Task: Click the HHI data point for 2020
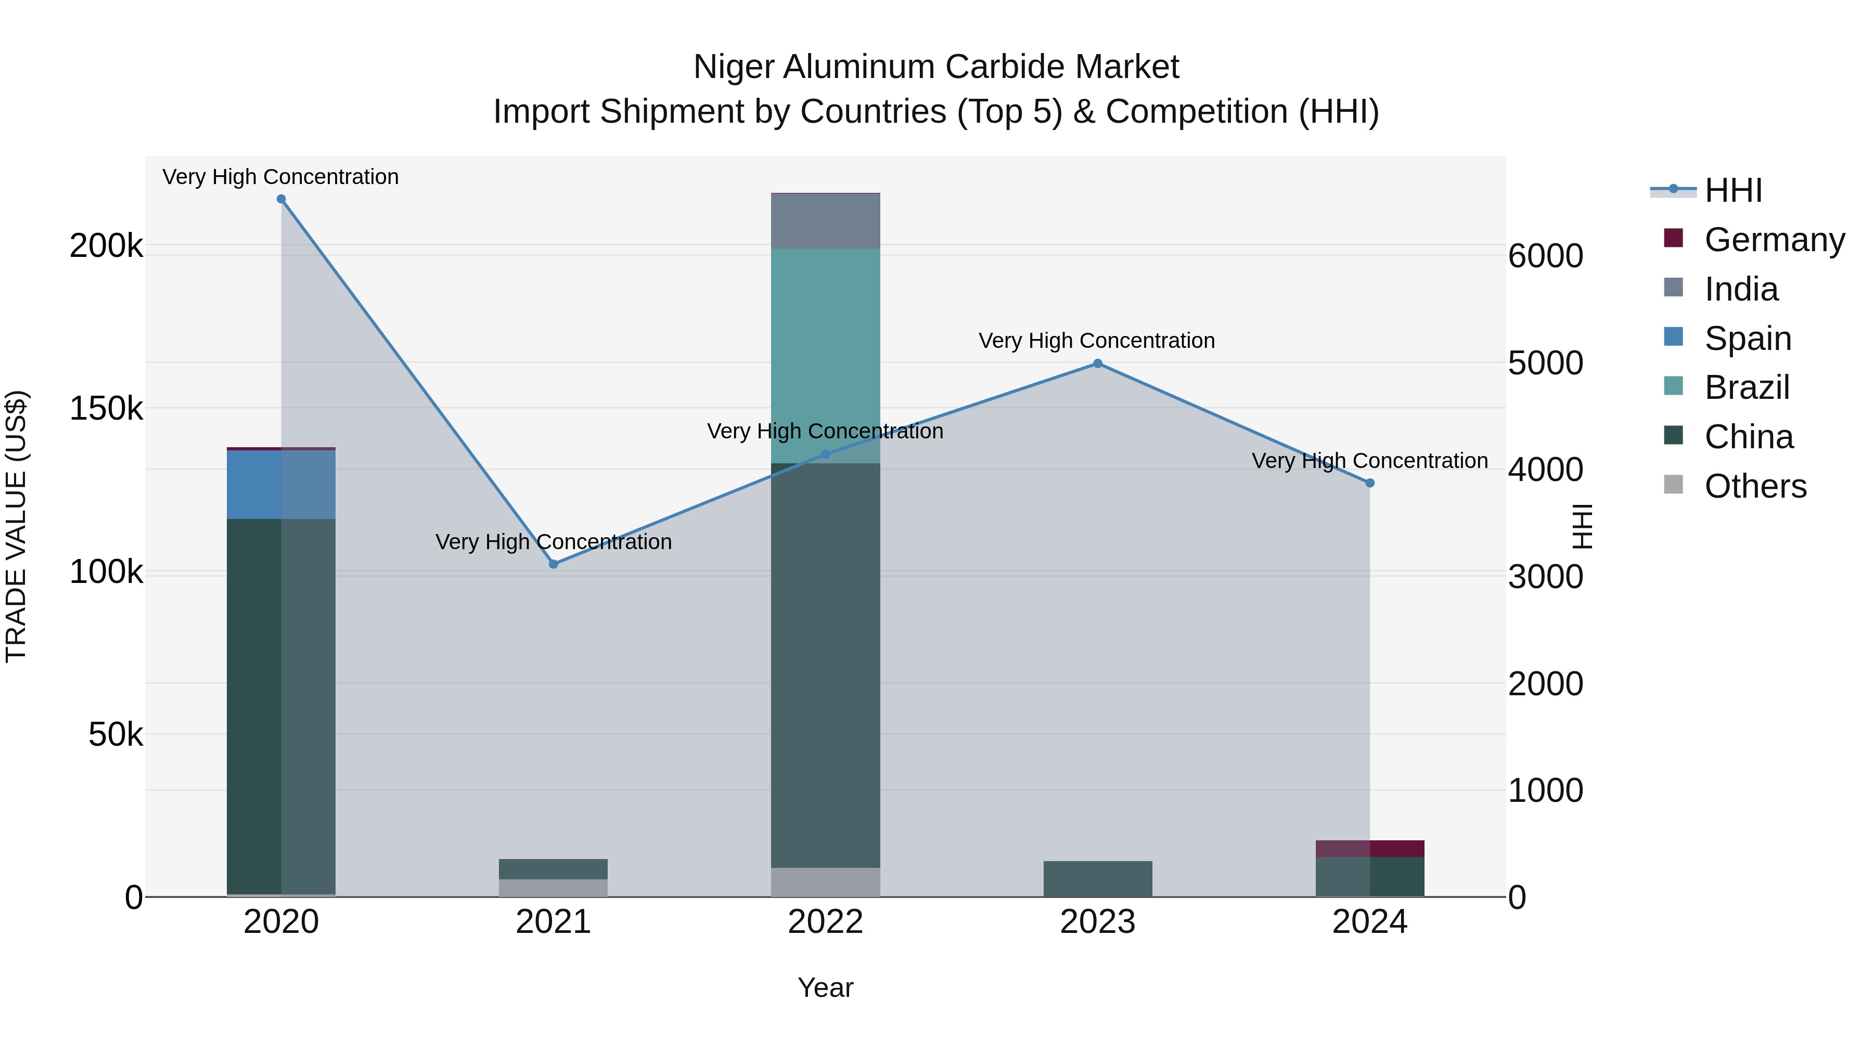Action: pos(281,199)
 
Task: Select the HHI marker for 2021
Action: pos(554,564)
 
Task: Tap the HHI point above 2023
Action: pos(1098,363)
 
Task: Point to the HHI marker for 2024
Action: pos(1370,483)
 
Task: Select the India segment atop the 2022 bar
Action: pos(825,221)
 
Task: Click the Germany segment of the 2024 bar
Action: pos(1370,848)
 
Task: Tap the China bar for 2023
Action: pos(1097,879)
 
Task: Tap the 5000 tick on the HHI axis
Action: pos(1545,363)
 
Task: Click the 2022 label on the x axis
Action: pos(825,922)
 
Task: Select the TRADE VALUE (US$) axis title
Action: pos(17,526)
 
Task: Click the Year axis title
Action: pos(825,987)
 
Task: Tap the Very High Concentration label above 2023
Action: pos(1096,341)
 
